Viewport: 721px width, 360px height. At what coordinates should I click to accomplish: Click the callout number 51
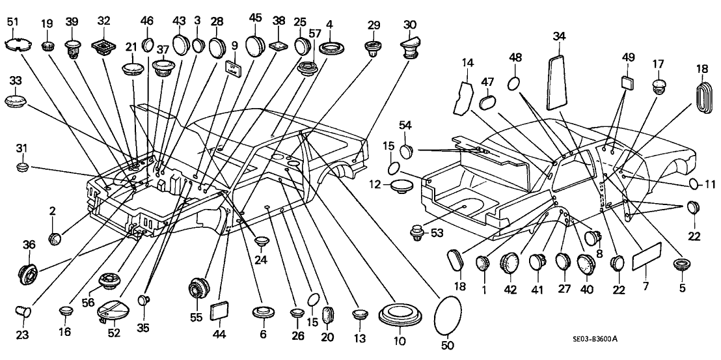point(12,24)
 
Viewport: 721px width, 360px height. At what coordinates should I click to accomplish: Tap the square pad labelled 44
point(220,311)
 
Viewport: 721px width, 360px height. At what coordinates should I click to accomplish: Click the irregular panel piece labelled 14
point(467,93)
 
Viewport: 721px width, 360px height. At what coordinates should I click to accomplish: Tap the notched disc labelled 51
point(19,45)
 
